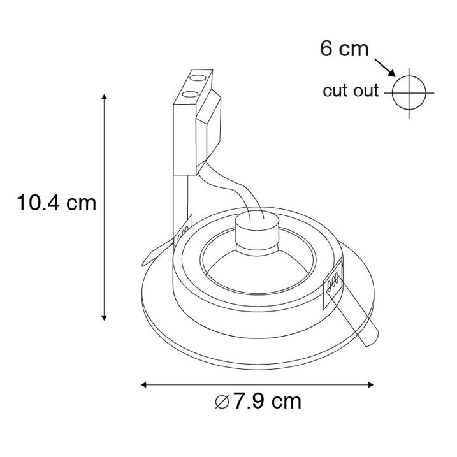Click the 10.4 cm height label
pyautogui.click(x=57, y=203)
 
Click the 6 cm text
pyautogui.click(x=344, y=48)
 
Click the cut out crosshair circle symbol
pyautogui.click(x=408, y=92)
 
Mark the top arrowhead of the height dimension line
pyautogui.click(x=104, y=96)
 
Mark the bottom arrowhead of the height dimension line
pyautogui.click(x=104, y=317)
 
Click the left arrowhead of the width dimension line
pyautogui.click(x=145, y=384)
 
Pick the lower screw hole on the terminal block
pyautogui.click(x=189, y=95)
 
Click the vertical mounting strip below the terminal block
pyautogui.click(x=181, y=198)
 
